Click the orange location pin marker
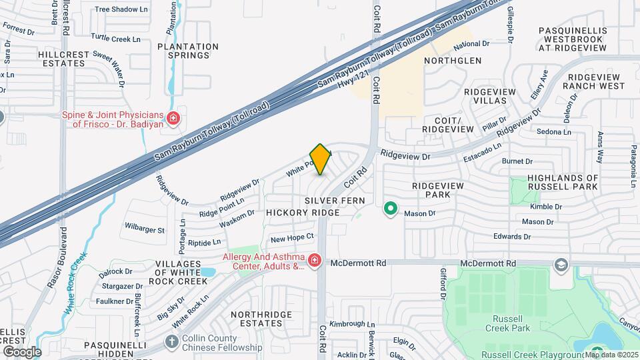pos(321,159)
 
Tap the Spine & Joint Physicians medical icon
pos(173,119)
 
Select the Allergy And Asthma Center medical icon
pos(314,260)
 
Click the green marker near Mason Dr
pos(391,210)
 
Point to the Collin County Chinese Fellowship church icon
pos(171,342)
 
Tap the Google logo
pos(21,351)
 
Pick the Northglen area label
pos(453,61)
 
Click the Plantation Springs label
pos(188,51)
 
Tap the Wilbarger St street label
pos(145,231)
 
